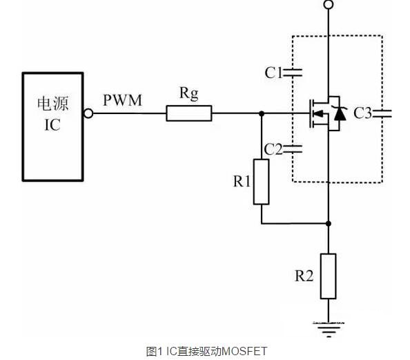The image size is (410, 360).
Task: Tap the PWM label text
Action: (122, 101)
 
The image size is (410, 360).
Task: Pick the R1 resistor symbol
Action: (261, 182)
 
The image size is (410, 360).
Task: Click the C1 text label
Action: (274, 72)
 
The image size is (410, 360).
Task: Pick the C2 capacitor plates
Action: (295, 147)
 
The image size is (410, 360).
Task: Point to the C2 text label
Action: (274, 148)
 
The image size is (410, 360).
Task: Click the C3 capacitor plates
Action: (382, 113)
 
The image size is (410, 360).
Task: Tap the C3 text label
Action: (363, 113)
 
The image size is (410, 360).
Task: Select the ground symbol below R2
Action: (329, 327)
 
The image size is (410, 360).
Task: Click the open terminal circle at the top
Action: (329, 6)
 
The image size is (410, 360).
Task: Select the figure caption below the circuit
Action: (206, 351)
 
